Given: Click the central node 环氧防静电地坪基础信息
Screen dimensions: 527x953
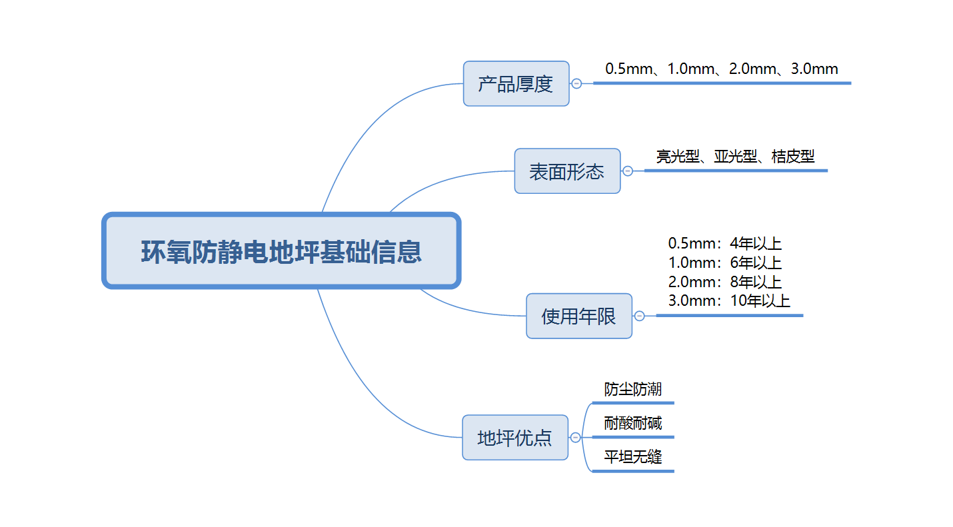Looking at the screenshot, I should pyautogui.click(x=281, y=251).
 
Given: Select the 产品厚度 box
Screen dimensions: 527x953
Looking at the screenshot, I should pyautogui.click(x=516, y=84).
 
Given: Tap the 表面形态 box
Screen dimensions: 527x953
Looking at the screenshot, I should pyautogui.click(x=567, y=171).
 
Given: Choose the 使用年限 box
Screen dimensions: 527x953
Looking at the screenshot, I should pyautogui.click(x=578, y=316).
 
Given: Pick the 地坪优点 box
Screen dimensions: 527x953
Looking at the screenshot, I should pyautogui.click(x=514, y=438).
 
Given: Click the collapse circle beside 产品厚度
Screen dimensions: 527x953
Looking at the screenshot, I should pyautogui.click(x=576, y=84).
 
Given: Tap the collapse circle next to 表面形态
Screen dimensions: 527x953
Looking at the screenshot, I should pyautogui.click(x=628, y=171).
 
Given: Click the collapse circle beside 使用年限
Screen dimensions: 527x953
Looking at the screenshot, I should pyautogui.click(x=639, y=316).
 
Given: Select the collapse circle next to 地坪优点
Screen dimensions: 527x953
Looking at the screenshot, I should pyautogui.click(x=575, y=438).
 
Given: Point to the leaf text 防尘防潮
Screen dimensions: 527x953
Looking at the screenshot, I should pyautogui.click(x=632, y=389).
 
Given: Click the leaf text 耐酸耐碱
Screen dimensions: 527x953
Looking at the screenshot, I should pyautogui.click(x=632, y=423).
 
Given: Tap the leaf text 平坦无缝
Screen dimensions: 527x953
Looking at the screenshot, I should pyautogui.click(x=632, y=457).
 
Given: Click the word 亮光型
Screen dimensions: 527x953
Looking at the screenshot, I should pyautogui.click(x=678, y=157).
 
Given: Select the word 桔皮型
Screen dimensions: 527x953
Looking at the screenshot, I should pyautogui.click(x=793, y=157).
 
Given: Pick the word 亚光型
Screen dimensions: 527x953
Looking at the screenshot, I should pyautogui.click(x=736, y=157).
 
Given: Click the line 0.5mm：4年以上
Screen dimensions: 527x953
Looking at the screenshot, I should pyautogui.click(x=724, y=243).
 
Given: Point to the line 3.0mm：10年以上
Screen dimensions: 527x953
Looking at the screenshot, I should pyautogui.click(x=728, y=300).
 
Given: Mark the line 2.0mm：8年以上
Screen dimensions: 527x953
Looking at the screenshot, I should pyautogui.click(x=724, y=282).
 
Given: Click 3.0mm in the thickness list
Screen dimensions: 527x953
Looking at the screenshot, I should pyautogui.click(x=814, y=69).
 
